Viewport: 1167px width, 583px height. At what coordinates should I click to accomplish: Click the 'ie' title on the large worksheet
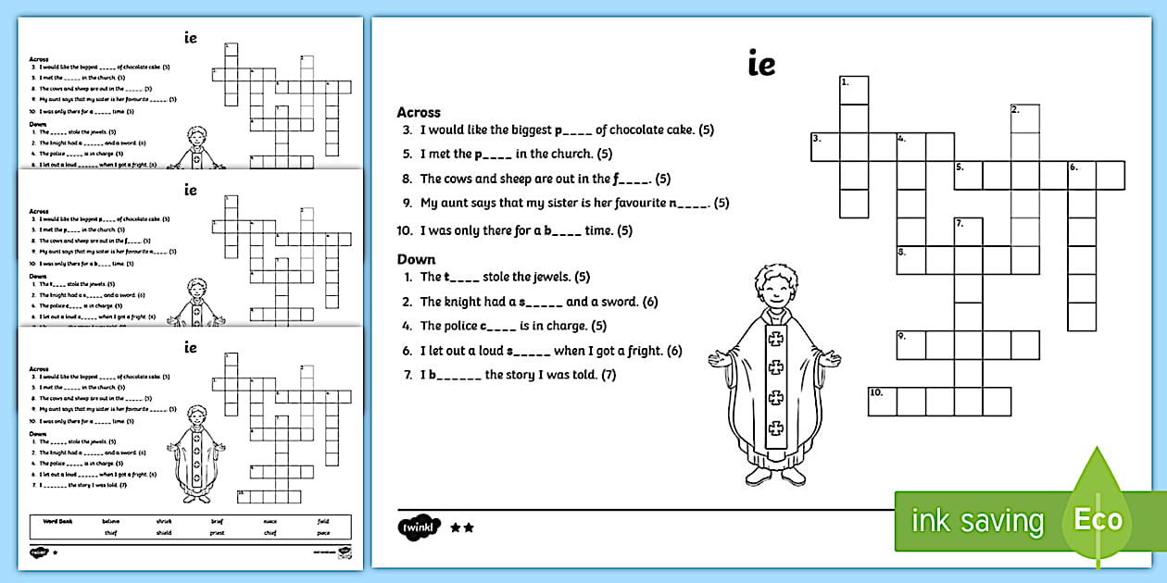(x=760, y=65)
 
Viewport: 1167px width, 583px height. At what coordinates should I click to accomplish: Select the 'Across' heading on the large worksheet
(x=419, y=112)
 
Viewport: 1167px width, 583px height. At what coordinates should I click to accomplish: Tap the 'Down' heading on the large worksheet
(x=416, y=259)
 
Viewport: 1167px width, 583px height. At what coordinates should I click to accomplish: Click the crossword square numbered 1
(x=854, y=91)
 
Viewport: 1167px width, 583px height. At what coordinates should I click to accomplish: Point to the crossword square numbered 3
(x=825, y=147)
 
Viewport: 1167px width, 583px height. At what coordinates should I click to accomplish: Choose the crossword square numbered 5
(x=968, y=176)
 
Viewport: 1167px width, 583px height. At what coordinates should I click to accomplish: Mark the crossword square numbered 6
(x=1082, y=176)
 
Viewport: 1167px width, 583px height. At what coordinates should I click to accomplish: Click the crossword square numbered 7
(x=968, y=232)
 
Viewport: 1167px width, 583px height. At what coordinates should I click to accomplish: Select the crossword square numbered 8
(x=910, y=261)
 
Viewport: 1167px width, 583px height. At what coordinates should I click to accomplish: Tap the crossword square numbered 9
(x=910, y=345)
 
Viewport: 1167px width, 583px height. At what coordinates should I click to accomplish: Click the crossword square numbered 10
(x=882, y=402)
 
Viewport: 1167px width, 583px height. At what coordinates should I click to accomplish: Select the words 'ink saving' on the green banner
(x=976, y=521)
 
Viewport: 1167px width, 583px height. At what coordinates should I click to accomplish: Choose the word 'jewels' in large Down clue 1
(x=549, y=277)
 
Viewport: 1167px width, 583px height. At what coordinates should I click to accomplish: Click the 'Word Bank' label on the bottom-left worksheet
(x=54, y=521)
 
